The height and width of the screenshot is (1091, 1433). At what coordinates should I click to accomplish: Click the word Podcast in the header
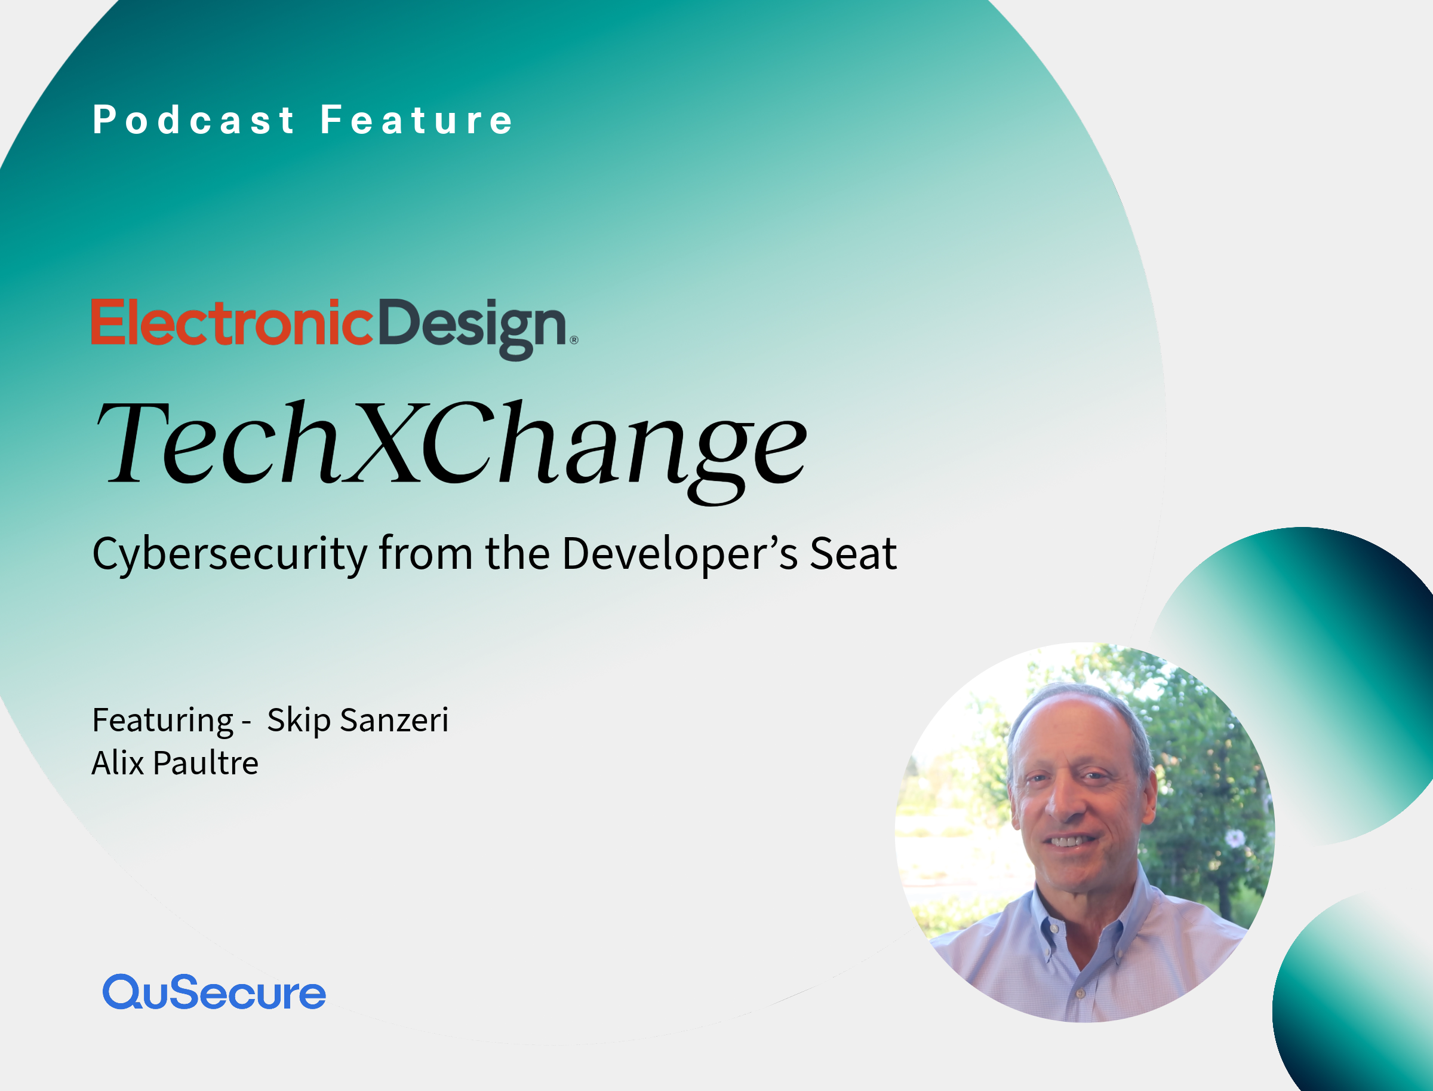193,120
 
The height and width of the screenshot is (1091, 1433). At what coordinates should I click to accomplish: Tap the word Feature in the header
417,120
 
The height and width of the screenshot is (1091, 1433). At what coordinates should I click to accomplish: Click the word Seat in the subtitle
853,554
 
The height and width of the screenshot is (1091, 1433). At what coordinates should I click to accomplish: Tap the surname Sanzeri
395,720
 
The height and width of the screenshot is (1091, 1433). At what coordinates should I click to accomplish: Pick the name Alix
118,763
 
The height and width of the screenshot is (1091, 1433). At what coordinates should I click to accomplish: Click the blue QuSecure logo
214,992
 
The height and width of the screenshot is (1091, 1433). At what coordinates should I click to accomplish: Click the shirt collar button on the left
1054,930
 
